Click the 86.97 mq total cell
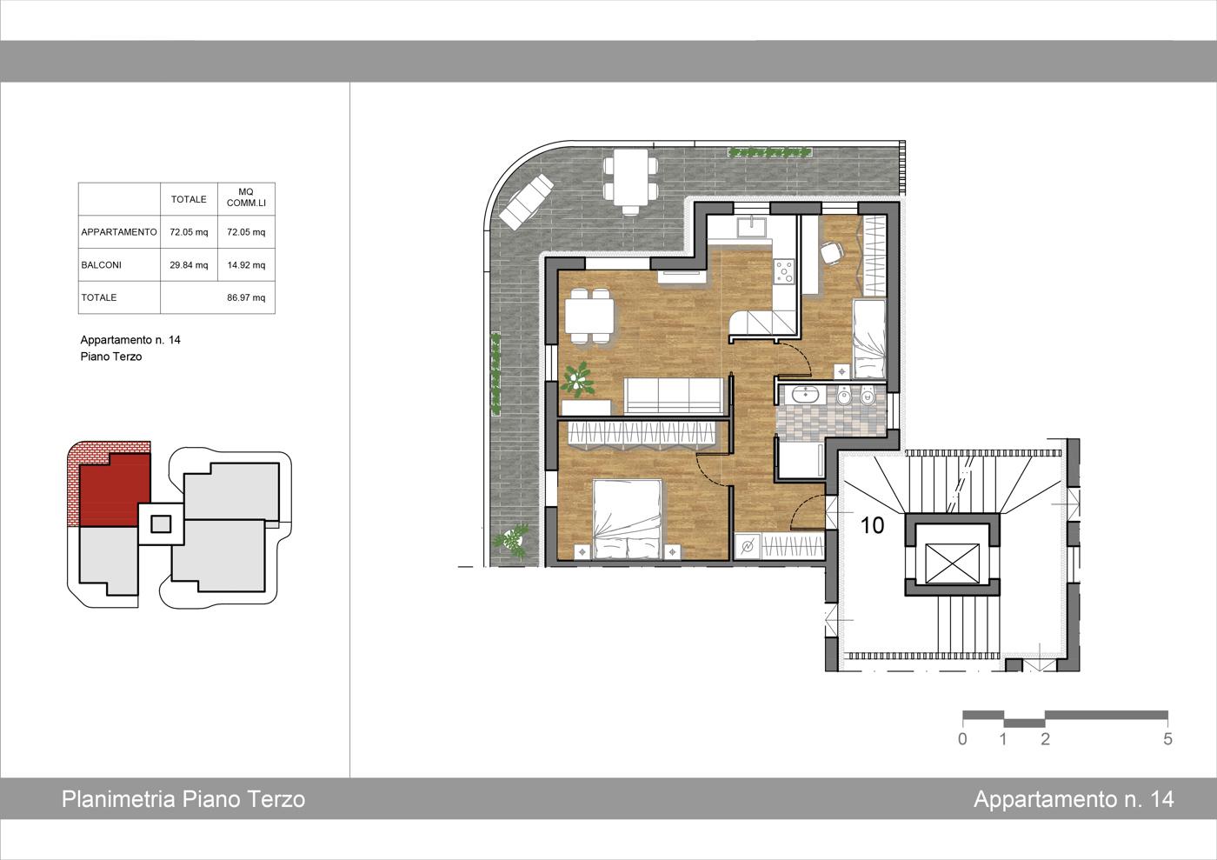[x=246, y=298]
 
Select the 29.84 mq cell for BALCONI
[x=189, y=265]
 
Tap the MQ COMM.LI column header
[x=246, y=197]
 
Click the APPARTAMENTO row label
[x=119, y=232]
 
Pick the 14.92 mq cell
[x=246, y=265]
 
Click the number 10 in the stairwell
[x=873, y=525]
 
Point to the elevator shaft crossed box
[x=952, y=563]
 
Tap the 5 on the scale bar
[x=1167, y=739]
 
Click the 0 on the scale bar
[x=962, y=739]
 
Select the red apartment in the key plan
[x=115, y=490]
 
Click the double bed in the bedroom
[x=628, y=519]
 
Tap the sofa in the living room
[x=674, y=395]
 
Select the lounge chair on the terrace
[x=527, y=201]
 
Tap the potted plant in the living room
[x=577, y=378]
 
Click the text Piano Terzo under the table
[x=111, y=357]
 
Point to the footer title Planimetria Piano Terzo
[x=183, y=799]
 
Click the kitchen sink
[x=752, y=227]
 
